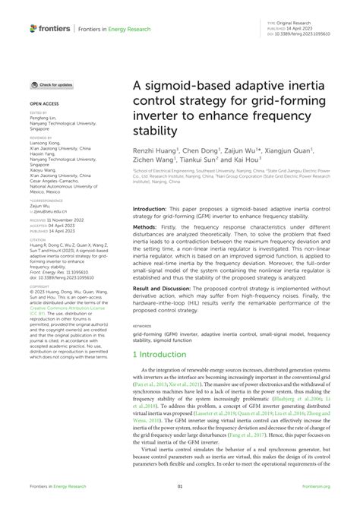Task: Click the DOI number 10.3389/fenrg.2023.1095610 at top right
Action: point(308,34)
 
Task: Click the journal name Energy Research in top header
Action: point(130,29)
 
